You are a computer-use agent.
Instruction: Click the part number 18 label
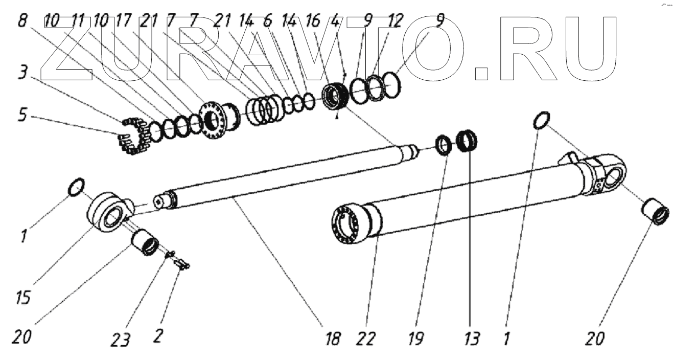click(x=333, y=339)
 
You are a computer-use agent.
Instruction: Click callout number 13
click(x=472, y=338)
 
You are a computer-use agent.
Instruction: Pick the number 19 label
click(x=417, y=338)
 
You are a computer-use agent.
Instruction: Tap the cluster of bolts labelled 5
click(x=131, y=136)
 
